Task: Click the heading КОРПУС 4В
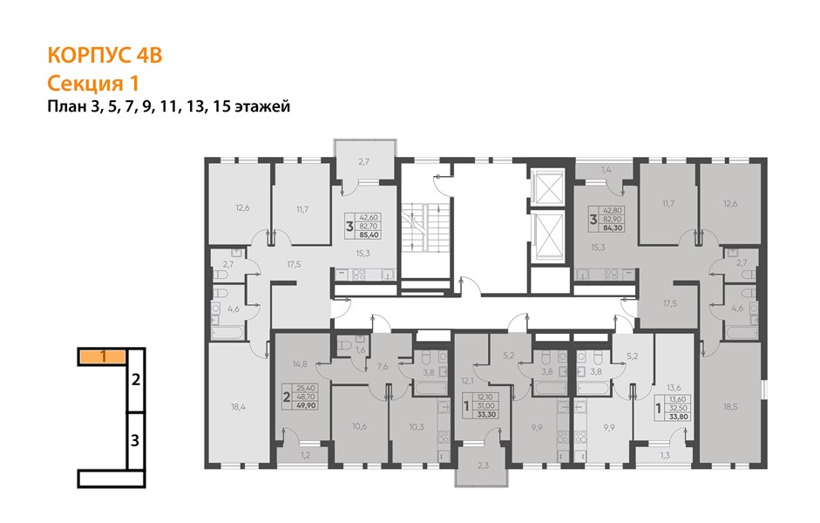click(105, 56)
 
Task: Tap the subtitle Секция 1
click(93, 83)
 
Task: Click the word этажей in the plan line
click(262, 106)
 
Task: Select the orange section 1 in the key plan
click(103, 357)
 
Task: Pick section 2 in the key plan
click(136, 380)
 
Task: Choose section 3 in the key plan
click(135, 440)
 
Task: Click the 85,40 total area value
click(369, 234)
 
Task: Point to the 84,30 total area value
click(613, 228)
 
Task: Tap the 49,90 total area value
click(307, 404)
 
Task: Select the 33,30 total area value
click(486, 414)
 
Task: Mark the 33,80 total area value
click(679, 417)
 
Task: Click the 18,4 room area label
click(238, 406)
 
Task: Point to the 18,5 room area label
click(730, 406)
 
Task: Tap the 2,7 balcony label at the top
click(364, 161)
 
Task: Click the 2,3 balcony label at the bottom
click(483, 465)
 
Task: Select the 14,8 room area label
click(300, 364)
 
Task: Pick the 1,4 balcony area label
click(607, 169)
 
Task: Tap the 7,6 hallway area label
click(383, 367)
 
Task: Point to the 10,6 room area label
click(359, 426)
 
